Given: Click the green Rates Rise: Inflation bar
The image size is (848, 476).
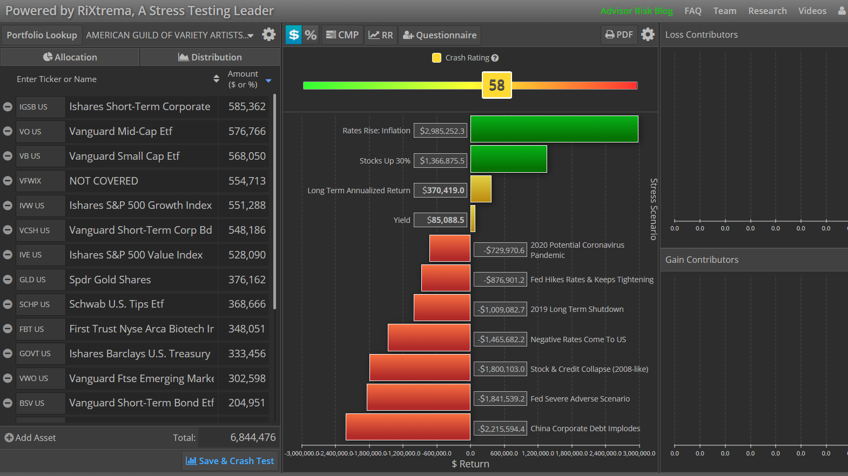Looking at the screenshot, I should (554, 129).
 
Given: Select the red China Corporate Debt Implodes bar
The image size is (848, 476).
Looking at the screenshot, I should (408, 427).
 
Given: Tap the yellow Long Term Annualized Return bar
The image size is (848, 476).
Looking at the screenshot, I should (481, 189).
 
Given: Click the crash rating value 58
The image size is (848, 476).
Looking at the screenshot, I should (496, 85).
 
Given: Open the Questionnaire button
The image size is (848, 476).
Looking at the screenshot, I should (440, 35).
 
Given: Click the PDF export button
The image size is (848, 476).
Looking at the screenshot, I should (619, 35).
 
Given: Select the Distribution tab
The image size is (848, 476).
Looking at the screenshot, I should (210, 57).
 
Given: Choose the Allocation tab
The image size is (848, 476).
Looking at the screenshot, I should (70, 57).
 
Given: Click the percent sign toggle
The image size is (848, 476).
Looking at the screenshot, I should (311, 35).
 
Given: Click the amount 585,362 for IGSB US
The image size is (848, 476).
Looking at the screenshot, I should (247, 107).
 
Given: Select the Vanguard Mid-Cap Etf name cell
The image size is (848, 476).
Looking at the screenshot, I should (142, 131).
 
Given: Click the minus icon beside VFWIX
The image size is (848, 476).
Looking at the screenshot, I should (8, 181).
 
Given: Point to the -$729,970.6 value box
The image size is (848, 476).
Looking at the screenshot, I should (500, 250).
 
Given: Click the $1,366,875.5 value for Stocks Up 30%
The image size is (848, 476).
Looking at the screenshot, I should (440, 160).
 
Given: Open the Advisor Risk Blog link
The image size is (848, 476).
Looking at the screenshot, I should (636, 11).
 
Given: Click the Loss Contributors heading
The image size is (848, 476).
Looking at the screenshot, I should (701, 35).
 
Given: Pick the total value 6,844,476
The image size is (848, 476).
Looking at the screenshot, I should (253, 437).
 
